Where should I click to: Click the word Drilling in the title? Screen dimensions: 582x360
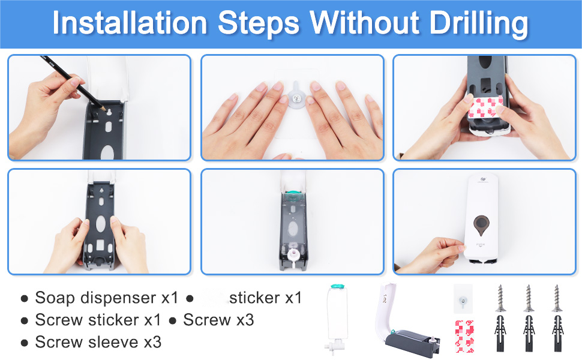(479, 23)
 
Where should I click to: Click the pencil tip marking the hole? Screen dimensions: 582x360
(104, 109)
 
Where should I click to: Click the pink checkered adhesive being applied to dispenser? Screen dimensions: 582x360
(486, 107)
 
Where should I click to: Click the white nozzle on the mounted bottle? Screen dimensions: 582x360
(293, 256)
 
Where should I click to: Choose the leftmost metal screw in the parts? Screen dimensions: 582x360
(501, 298)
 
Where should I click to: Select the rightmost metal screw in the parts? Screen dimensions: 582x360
(556, 298)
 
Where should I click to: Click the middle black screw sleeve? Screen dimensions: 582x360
(529, 333)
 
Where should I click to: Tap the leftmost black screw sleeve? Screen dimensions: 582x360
(501, 333)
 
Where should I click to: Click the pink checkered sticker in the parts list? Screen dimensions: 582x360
(464, 336)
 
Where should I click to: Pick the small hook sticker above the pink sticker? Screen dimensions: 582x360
(463, 299)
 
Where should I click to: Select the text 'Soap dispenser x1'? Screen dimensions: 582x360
(107, 298)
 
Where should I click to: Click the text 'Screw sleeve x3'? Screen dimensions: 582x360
(98, 342)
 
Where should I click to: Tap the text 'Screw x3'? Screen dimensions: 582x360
(218, 320)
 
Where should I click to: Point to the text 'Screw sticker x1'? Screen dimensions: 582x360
(98, 320)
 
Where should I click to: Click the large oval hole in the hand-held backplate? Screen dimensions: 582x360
(101, 224)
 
